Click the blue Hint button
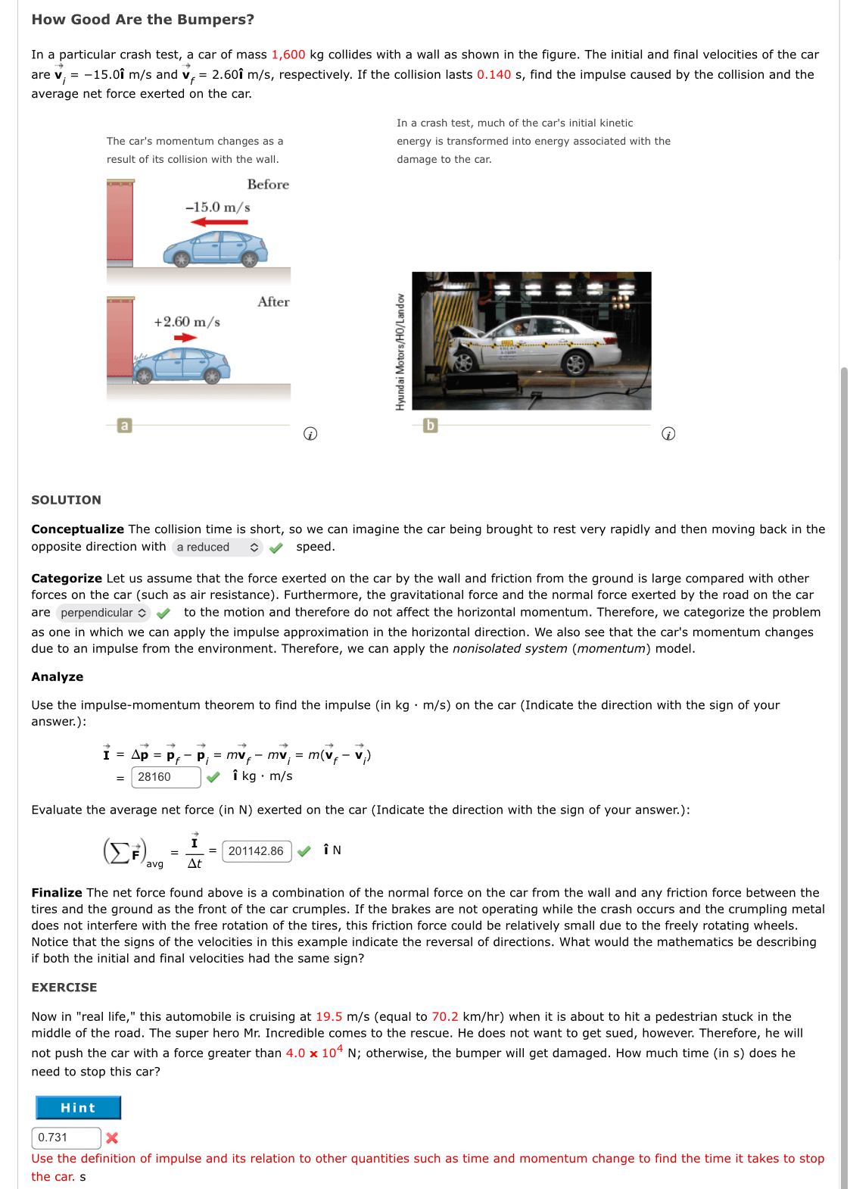tap(78, 1107)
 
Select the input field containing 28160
tap(166, 777)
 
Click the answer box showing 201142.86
tap(257, 851)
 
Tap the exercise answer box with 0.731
tap(66, 1138)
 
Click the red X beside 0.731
tap(112, 1138)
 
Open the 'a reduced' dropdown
tap(217, 547)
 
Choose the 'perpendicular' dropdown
tap(103, 613)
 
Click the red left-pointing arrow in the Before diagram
tap(219, 222)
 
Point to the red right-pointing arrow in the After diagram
tap(185, 338)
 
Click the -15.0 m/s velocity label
tap(218, 208)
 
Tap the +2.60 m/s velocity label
tap(187, 322)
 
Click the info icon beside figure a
tap(310, 434)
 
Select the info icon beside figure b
tap(668, 434)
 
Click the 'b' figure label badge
tap(430, 426)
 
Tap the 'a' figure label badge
tap(125, 426)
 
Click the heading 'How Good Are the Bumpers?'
tap(143, 20)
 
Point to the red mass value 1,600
tap(288, 55)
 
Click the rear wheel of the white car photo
tap(575, 364)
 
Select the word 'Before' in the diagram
tap(268, 185)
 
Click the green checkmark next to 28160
tap(213, 777)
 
